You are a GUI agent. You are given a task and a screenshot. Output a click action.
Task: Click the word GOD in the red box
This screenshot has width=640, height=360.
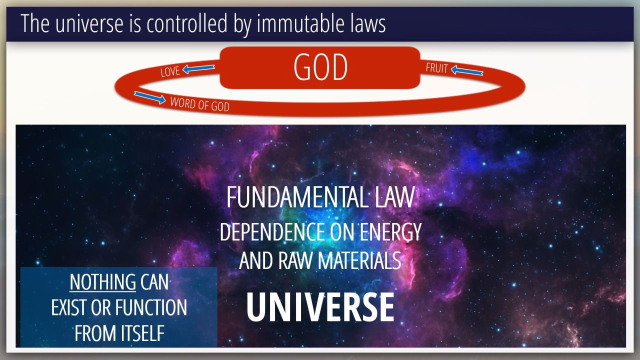point(320,67)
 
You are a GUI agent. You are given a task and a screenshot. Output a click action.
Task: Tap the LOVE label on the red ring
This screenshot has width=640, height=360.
point(170,71)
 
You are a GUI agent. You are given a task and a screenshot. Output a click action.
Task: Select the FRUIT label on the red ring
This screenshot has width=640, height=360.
point(436,68)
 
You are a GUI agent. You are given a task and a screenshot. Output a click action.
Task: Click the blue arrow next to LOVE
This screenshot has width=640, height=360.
point(198,68)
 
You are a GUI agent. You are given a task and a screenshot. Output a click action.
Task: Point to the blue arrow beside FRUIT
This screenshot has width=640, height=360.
point(467,70)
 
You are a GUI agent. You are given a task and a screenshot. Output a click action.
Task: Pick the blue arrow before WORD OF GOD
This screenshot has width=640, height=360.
point(149,97)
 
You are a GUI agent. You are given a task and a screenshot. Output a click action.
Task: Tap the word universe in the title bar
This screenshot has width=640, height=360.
point(89,23)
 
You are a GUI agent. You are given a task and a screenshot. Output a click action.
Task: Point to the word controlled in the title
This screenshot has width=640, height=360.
point(187,23)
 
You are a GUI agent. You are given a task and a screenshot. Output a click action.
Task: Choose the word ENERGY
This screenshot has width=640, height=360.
point(390,231)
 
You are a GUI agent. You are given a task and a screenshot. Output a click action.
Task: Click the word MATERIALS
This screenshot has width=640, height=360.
point(359,260)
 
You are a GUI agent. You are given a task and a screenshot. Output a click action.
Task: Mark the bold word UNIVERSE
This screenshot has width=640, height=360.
point(320,307)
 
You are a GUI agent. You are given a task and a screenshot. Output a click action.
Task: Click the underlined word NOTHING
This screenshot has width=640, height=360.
point(103,282)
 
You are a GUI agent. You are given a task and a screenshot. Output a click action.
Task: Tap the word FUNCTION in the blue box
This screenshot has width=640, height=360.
point(151,307)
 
